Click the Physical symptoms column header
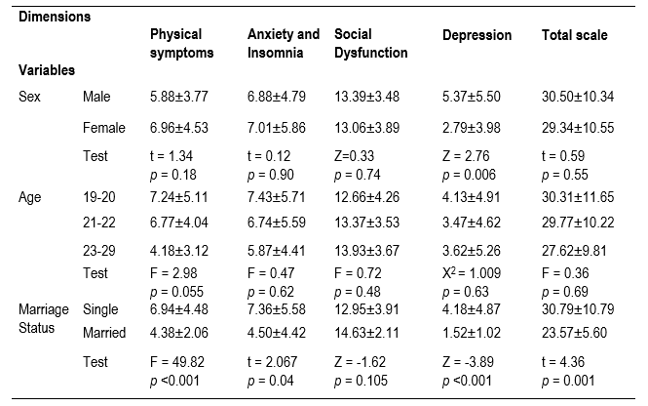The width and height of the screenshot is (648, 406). click(x=182, y=43)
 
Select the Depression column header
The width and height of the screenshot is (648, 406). click(x=476, y=36)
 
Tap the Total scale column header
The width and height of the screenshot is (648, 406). click(x=574, y=36)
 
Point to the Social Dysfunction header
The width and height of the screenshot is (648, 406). click(x=370, y=43)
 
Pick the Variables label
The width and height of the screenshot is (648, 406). click(x=47, y=71)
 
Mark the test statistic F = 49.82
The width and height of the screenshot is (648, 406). click(x=179, y=363)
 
